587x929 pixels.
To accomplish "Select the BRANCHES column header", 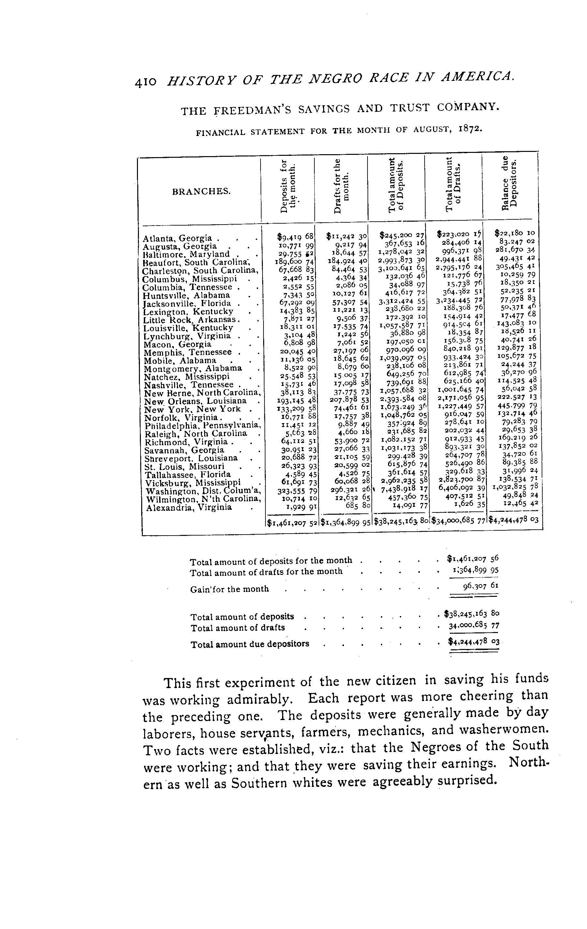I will click(201, 191).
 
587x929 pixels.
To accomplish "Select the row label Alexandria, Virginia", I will click(189, 507).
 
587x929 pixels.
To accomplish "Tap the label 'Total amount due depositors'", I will click(250, 644).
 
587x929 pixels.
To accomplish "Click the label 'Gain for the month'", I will click(229, 589).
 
